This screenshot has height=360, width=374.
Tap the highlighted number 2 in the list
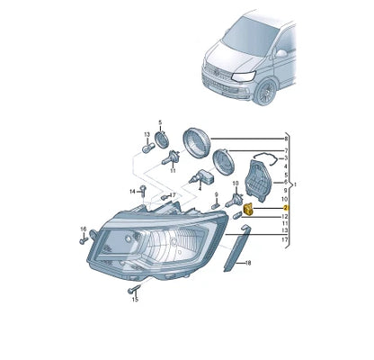point(285,208)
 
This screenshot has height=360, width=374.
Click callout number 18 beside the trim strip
point(250,263)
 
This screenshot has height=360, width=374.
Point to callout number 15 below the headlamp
point(135,301)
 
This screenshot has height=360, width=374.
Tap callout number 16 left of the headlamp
point(83,229)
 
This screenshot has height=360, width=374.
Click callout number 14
point(131,191)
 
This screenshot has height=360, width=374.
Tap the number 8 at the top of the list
point(285,139)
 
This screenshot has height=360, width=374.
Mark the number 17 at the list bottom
point(285,241)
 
